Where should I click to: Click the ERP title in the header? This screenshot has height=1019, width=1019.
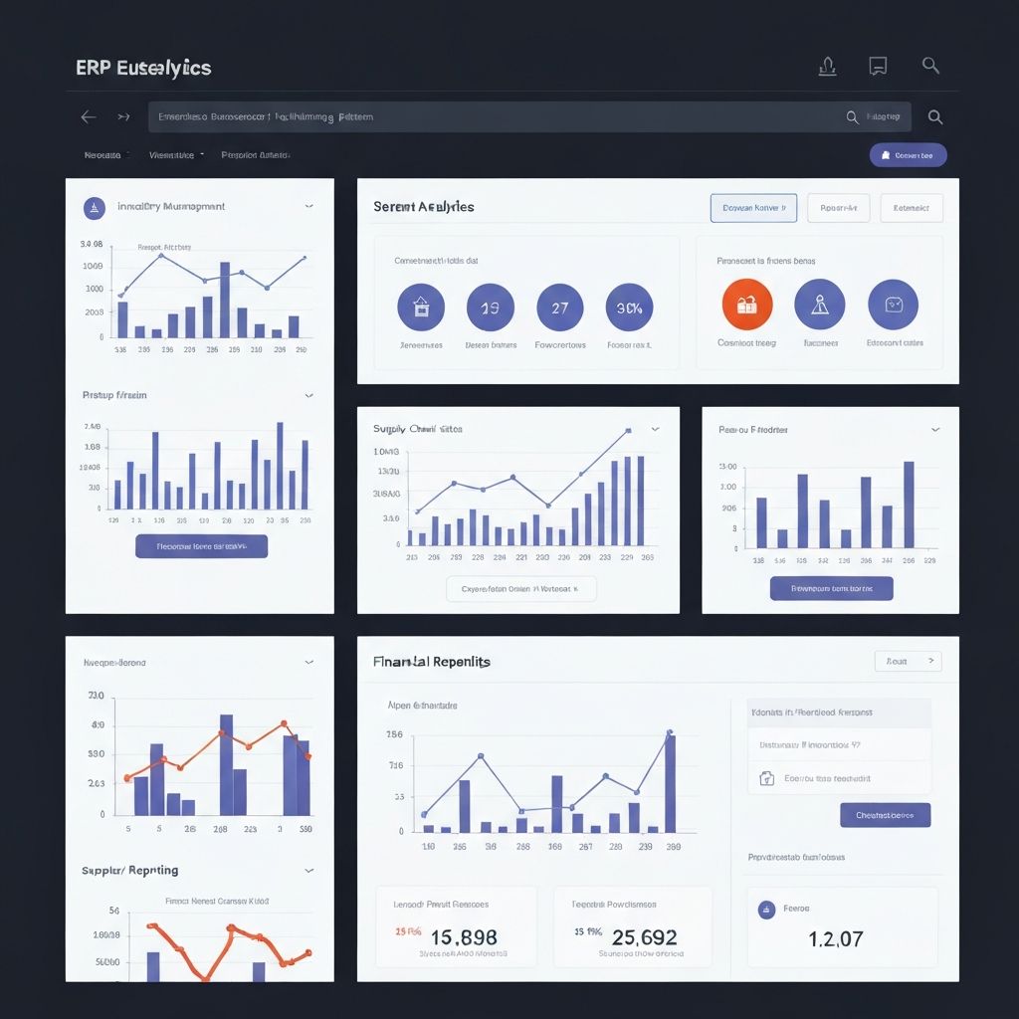click(143, 68)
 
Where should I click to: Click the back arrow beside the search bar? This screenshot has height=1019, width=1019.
click(89, 117)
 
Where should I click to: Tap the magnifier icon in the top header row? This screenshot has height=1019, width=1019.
click(930, 66)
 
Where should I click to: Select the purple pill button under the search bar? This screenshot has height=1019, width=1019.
click(908, 155)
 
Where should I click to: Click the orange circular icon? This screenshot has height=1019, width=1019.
click(746, 305)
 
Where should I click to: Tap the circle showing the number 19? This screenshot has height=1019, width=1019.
click(490, 307)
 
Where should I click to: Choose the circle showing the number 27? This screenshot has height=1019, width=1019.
click(559, 307)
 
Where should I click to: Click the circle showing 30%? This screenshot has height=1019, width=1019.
click(629, 307)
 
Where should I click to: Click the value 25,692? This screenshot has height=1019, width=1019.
click(644, 936)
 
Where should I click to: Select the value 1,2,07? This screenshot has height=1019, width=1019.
click(836, 938)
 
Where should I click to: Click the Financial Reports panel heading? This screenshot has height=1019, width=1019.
click(432, 661)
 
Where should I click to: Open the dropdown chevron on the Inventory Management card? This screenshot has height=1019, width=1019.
click(309, 207)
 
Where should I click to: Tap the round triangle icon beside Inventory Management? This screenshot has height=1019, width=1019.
click(94, 208)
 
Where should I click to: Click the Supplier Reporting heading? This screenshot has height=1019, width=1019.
click(130, 870)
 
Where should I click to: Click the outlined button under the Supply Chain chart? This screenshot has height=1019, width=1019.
click(521, 589)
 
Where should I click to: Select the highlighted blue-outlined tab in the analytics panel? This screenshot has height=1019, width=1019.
click(753, 208)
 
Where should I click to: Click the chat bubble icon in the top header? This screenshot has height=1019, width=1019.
click(878, 67)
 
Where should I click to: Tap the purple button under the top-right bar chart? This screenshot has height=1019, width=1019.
click(831, 588)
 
